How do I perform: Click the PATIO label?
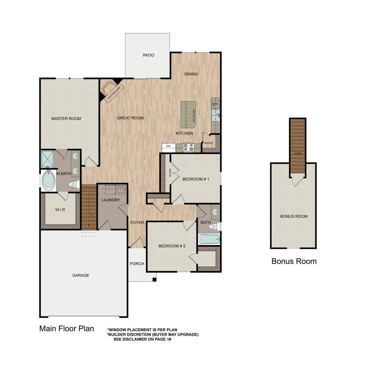(x=149, y=55)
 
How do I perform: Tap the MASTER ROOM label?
(x=66, y=119)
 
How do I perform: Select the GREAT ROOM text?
(x=130, y=118)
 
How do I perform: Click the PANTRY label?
(x=209, y=143)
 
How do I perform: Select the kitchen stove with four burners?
(x=188, y=147)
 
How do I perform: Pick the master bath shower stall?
(x=48, y=159)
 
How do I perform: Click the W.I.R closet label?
(x=60, y=210)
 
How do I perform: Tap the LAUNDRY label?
(x=111, y=200)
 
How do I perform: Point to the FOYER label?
(x=137, y=223)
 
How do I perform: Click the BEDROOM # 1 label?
(x=196, y=179)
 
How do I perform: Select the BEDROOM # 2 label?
(x=172, y=246)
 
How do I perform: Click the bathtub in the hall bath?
(x=209, y=240)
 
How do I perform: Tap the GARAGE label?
(x=81, y=275)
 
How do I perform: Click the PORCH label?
(x=137, y=264)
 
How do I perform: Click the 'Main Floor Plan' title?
(x=67, y=329)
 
